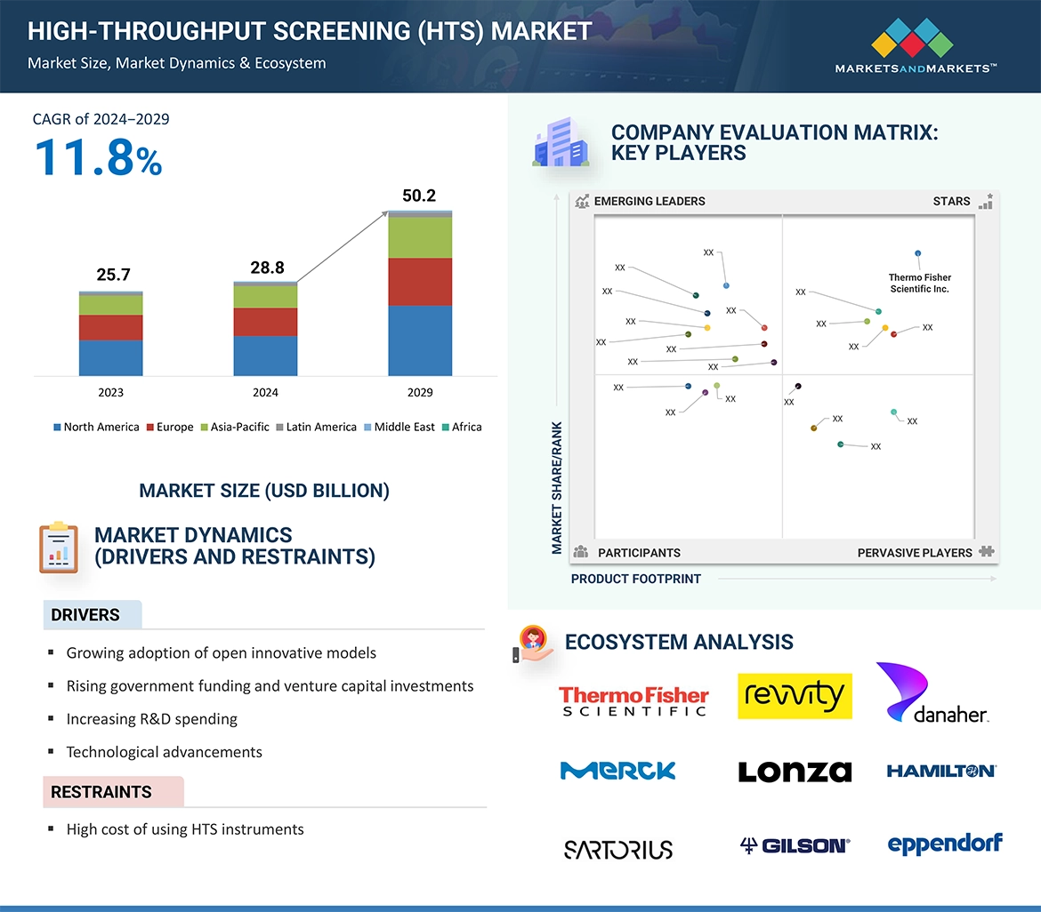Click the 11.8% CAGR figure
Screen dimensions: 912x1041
click(98, 157)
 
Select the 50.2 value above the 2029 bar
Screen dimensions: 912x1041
click(419, 196)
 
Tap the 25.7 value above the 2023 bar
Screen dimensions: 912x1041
click(113, 275)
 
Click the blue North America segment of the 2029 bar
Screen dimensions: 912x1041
click(420, 340)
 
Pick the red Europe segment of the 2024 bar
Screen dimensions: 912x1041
click(265, 322)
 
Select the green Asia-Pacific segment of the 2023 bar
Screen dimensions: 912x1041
click(111, 305)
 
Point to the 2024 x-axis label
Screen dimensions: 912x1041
click(265, 392)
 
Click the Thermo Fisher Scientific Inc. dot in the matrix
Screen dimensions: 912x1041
click(917, 253)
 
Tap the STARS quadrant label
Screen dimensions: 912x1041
click(951, 201)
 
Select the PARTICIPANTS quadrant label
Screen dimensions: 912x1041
click(638, 552)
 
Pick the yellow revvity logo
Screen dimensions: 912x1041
click(795, 696)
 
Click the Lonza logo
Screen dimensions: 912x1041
click(795, 772)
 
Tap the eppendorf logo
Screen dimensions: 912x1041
click(944, 844)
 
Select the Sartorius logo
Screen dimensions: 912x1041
click(618, 849)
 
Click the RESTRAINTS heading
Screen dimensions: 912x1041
click(101, 792)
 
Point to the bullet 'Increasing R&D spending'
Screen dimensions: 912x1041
click(151, 718)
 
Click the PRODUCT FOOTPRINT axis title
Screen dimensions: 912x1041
click(635, 579)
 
